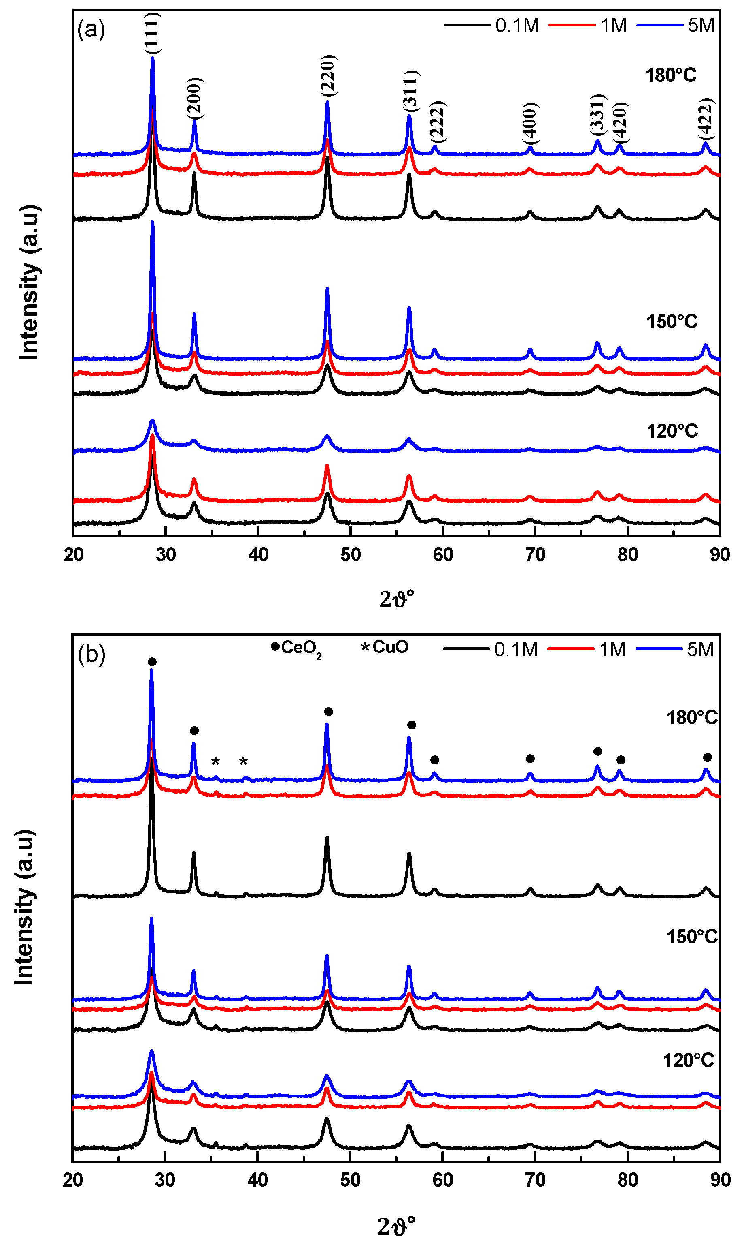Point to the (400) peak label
[x=530, y=122]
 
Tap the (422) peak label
[x=706, y=120]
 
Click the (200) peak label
[x=195, y=98]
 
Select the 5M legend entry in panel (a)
[x=700, y=26]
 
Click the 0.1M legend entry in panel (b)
[x=515, y=649]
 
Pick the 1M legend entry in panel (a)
[x=613, y=26]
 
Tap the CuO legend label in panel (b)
[x=390, y=647]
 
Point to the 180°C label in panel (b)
[x=691, y=718]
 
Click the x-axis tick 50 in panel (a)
[x=351, y=555]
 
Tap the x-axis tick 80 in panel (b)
[x=627, y=1180]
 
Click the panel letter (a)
[x=91, y=30]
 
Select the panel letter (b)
[x=91, y=655]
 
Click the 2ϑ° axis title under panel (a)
[x=397, y=599]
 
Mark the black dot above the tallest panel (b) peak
[x=152, y=662]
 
